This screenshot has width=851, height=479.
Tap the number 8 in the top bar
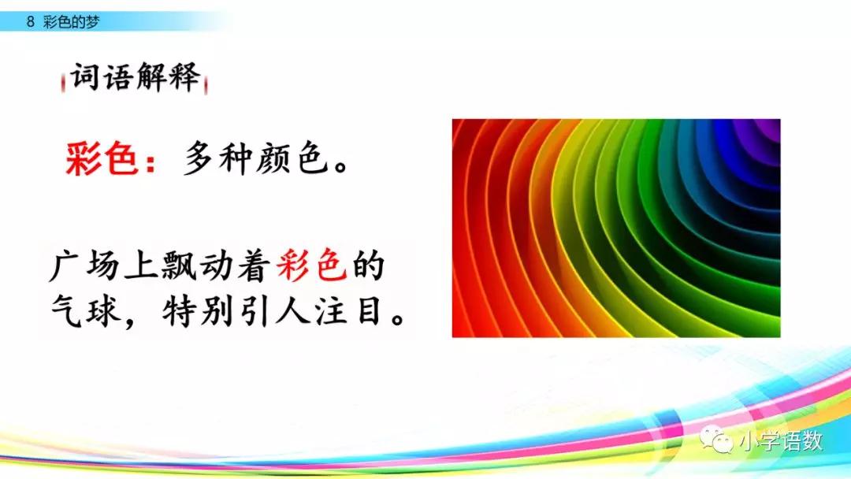(x=30, y=23)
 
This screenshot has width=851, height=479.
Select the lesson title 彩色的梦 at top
(x=71, y=23)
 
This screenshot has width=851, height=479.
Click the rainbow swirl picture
(x=615, y=228)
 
